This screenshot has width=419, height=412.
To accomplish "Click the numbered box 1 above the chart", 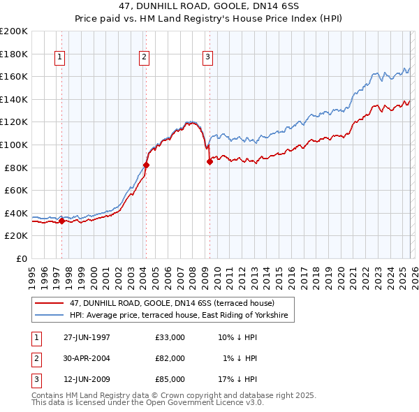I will click(x=59, y=58).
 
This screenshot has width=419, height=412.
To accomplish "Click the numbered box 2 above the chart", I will click(x=144, y=58).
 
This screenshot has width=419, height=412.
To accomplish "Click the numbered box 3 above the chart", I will click(x=207, y=58).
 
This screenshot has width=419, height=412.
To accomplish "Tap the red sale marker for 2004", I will click(x=146, y=165).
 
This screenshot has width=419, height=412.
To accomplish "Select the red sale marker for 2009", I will click(x=209, y=162).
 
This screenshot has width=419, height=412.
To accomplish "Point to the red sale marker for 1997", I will click(x=61, y=221).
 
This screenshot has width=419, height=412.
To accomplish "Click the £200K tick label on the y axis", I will click(x=14, y=31).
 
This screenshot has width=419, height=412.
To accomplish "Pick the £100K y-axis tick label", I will click(x=14, y=145).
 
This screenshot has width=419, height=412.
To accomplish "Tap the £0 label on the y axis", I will click(x=21, y=258).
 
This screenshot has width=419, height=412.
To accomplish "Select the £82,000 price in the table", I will click(x=170, y=358).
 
